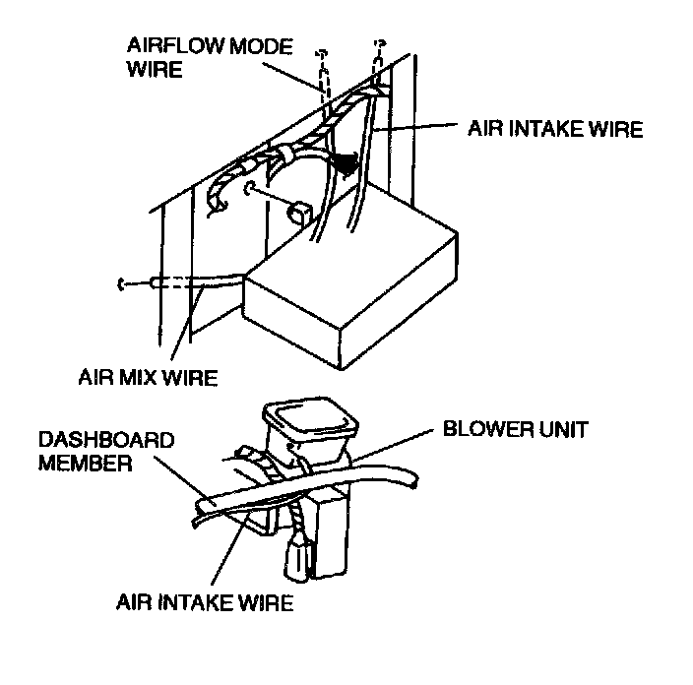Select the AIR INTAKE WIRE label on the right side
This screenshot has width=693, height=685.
tap(554, 129)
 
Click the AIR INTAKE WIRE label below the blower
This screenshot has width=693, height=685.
tap(205, 602)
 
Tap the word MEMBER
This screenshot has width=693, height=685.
tap(84, 463)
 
